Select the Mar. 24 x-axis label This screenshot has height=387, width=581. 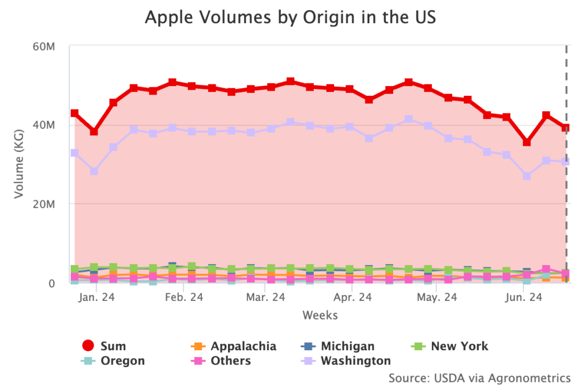tap(266, 297)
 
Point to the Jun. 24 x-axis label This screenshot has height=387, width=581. tap(522, 297)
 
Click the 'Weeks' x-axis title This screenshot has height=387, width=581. tap(319, 315)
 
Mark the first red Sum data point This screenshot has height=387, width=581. tap(74, 113)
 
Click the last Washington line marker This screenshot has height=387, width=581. tap(565, 161)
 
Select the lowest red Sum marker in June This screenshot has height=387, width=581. tap(527, 142)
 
